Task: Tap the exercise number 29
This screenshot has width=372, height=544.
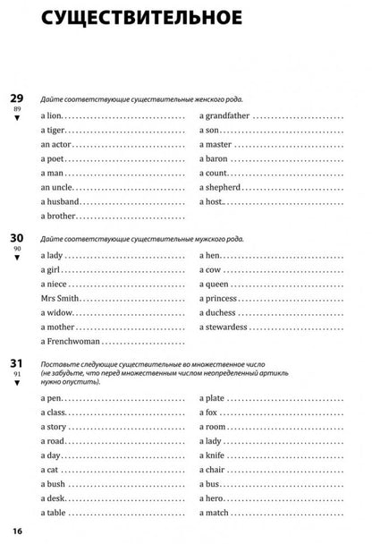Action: pos(17,98)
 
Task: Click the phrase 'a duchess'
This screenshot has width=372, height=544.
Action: pos(217,313)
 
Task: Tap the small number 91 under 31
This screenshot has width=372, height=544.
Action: pos(17,377)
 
